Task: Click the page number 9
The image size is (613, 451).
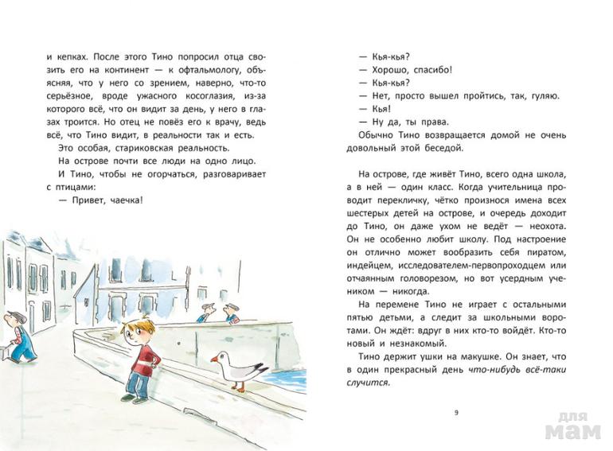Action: [456, 411]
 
